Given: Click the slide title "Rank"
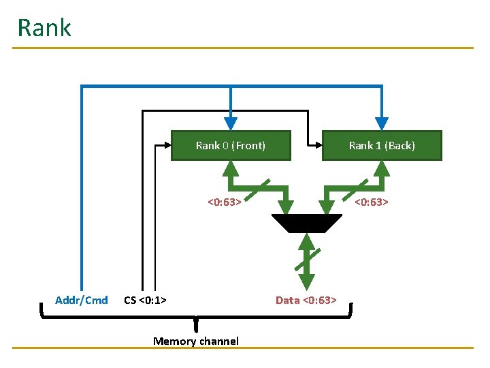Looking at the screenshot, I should coord(44,28).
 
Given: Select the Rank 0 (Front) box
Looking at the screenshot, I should coord(231,145).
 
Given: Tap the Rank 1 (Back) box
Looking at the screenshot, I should coord(382,145).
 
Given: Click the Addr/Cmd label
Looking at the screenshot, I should coord(82,300).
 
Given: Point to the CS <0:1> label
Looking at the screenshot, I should coord(146,300).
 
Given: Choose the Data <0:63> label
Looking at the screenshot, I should coord(306,300).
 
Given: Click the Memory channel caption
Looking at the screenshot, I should coord(196,341).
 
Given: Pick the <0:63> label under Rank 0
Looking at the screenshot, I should coord(224,202).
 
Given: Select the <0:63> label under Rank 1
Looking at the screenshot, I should coord(371,202).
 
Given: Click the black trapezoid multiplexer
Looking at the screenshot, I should coord(307,223).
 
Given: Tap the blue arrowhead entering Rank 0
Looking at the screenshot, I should coord(231,123).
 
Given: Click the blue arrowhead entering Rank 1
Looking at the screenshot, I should coord(382,123).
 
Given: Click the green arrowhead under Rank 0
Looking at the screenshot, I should coord(231,168).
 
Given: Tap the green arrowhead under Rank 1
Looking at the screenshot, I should coord(383,168).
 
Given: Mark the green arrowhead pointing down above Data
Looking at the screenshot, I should coord(307,281).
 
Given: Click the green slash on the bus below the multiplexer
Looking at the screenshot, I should coord(307,259).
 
